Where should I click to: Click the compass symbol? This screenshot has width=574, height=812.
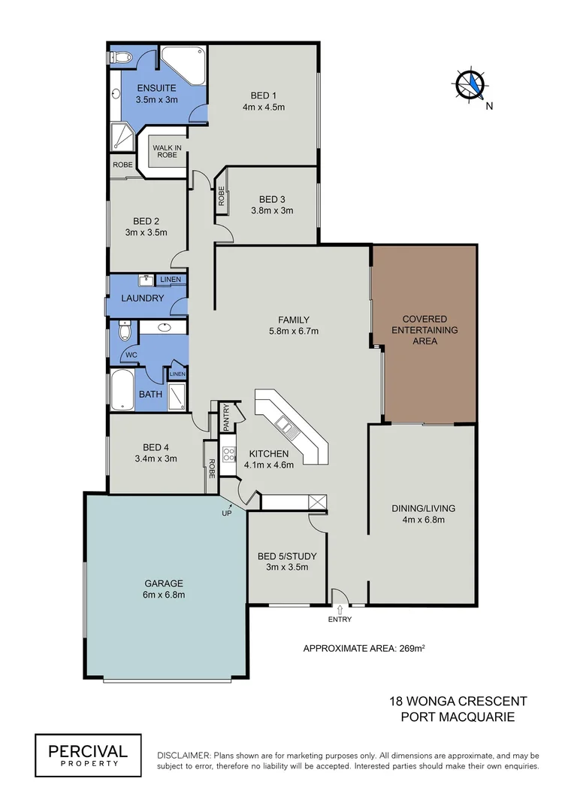470,84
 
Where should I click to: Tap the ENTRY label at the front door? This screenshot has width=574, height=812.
340,620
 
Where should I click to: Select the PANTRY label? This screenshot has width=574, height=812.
225,418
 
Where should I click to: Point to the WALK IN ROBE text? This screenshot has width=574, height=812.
168,152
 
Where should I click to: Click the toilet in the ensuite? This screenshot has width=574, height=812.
122,56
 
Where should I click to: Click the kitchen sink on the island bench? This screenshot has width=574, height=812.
286,428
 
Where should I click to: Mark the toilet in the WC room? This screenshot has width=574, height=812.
125,332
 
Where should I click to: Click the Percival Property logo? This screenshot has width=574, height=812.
88,755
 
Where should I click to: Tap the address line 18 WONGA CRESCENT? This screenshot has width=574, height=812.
458,701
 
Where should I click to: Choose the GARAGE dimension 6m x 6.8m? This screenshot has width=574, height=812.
163,595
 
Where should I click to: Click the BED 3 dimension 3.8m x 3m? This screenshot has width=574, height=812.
271,211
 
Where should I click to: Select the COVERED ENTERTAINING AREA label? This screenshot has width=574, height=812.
424,330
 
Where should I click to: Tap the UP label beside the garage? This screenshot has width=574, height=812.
226,514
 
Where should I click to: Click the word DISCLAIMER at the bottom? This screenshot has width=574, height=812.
183,755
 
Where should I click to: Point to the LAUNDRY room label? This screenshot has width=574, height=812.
142,298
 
